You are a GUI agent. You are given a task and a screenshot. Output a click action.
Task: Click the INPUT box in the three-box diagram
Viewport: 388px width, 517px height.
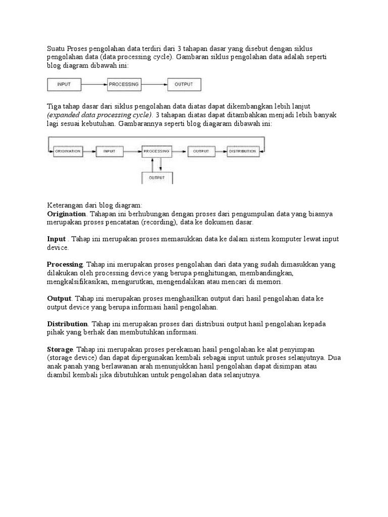click(64, 84)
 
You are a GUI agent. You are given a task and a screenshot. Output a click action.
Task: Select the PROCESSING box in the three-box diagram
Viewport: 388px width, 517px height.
click(124, 84)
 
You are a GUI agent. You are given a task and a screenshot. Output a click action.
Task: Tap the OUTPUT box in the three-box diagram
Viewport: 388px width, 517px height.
click(184, 84)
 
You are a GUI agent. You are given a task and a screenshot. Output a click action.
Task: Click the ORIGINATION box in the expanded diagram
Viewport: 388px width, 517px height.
click(68, 150)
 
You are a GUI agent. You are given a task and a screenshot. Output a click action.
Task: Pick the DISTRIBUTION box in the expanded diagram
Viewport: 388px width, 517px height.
click(243, 150)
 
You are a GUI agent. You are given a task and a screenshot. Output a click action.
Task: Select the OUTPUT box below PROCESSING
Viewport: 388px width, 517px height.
click(157, 178)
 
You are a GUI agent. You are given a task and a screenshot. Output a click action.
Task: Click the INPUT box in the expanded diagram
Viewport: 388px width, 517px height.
click(110, 150)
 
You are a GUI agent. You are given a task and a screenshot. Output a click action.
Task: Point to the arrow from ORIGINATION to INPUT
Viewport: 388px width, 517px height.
click(89, 150)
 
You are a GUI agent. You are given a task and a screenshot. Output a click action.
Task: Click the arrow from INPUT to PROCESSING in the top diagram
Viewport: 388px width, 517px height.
click(94, 85)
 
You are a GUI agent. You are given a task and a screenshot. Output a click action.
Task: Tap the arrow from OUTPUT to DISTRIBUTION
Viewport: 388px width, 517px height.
click(218, 150)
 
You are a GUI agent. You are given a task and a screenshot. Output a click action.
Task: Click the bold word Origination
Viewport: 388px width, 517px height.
click(66, 214)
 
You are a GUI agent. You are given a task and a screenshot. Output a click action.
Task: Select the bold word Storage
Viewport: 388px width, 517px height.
click(60, 349)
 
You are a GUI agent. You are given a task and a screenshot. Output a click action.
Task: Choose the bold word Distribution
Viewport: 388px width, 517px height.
click(67, 324)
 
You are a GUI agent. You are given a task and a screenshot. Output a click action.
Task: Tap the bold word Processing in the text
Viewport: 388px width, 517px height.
click(65, 265)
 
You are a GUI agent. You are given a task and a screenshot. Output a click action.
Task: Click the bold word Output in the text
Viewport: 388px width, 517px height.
click(59, 298)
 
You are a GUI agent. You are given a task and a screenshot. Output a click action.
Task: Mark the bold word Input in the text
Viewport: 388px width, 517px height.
click(56, 239)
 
